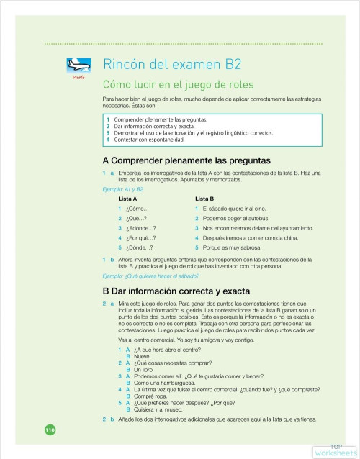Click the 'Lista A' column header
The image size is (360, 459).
pyautogui.click(x=127, y=198)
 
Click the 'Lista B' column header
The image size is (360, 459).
pyautogui.click(x=205, y=198)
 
